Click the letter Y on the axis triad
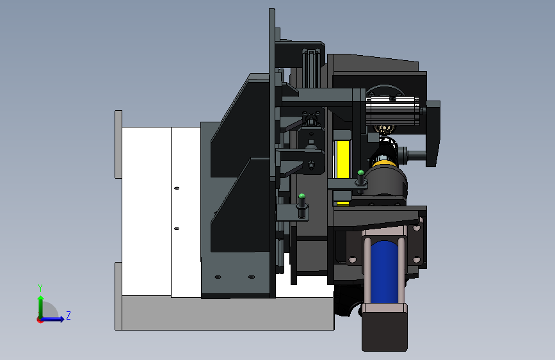tap(40, 288)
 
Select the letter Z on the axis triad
tap(68, 315)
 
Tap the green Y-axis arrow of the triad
tap(40, 304)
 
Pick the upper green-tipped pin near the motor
tap(361, 174)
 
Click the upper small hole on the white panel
tap(177, 188)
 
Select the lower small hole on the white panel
tap(177, 228)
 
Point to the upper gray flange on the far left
tap(118, 144)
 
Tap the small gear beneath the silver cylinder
tap(385, 130)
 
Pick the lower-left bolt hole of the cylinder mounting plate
tap(351, 259)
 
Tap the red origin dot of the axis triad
tap(40, 319)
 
